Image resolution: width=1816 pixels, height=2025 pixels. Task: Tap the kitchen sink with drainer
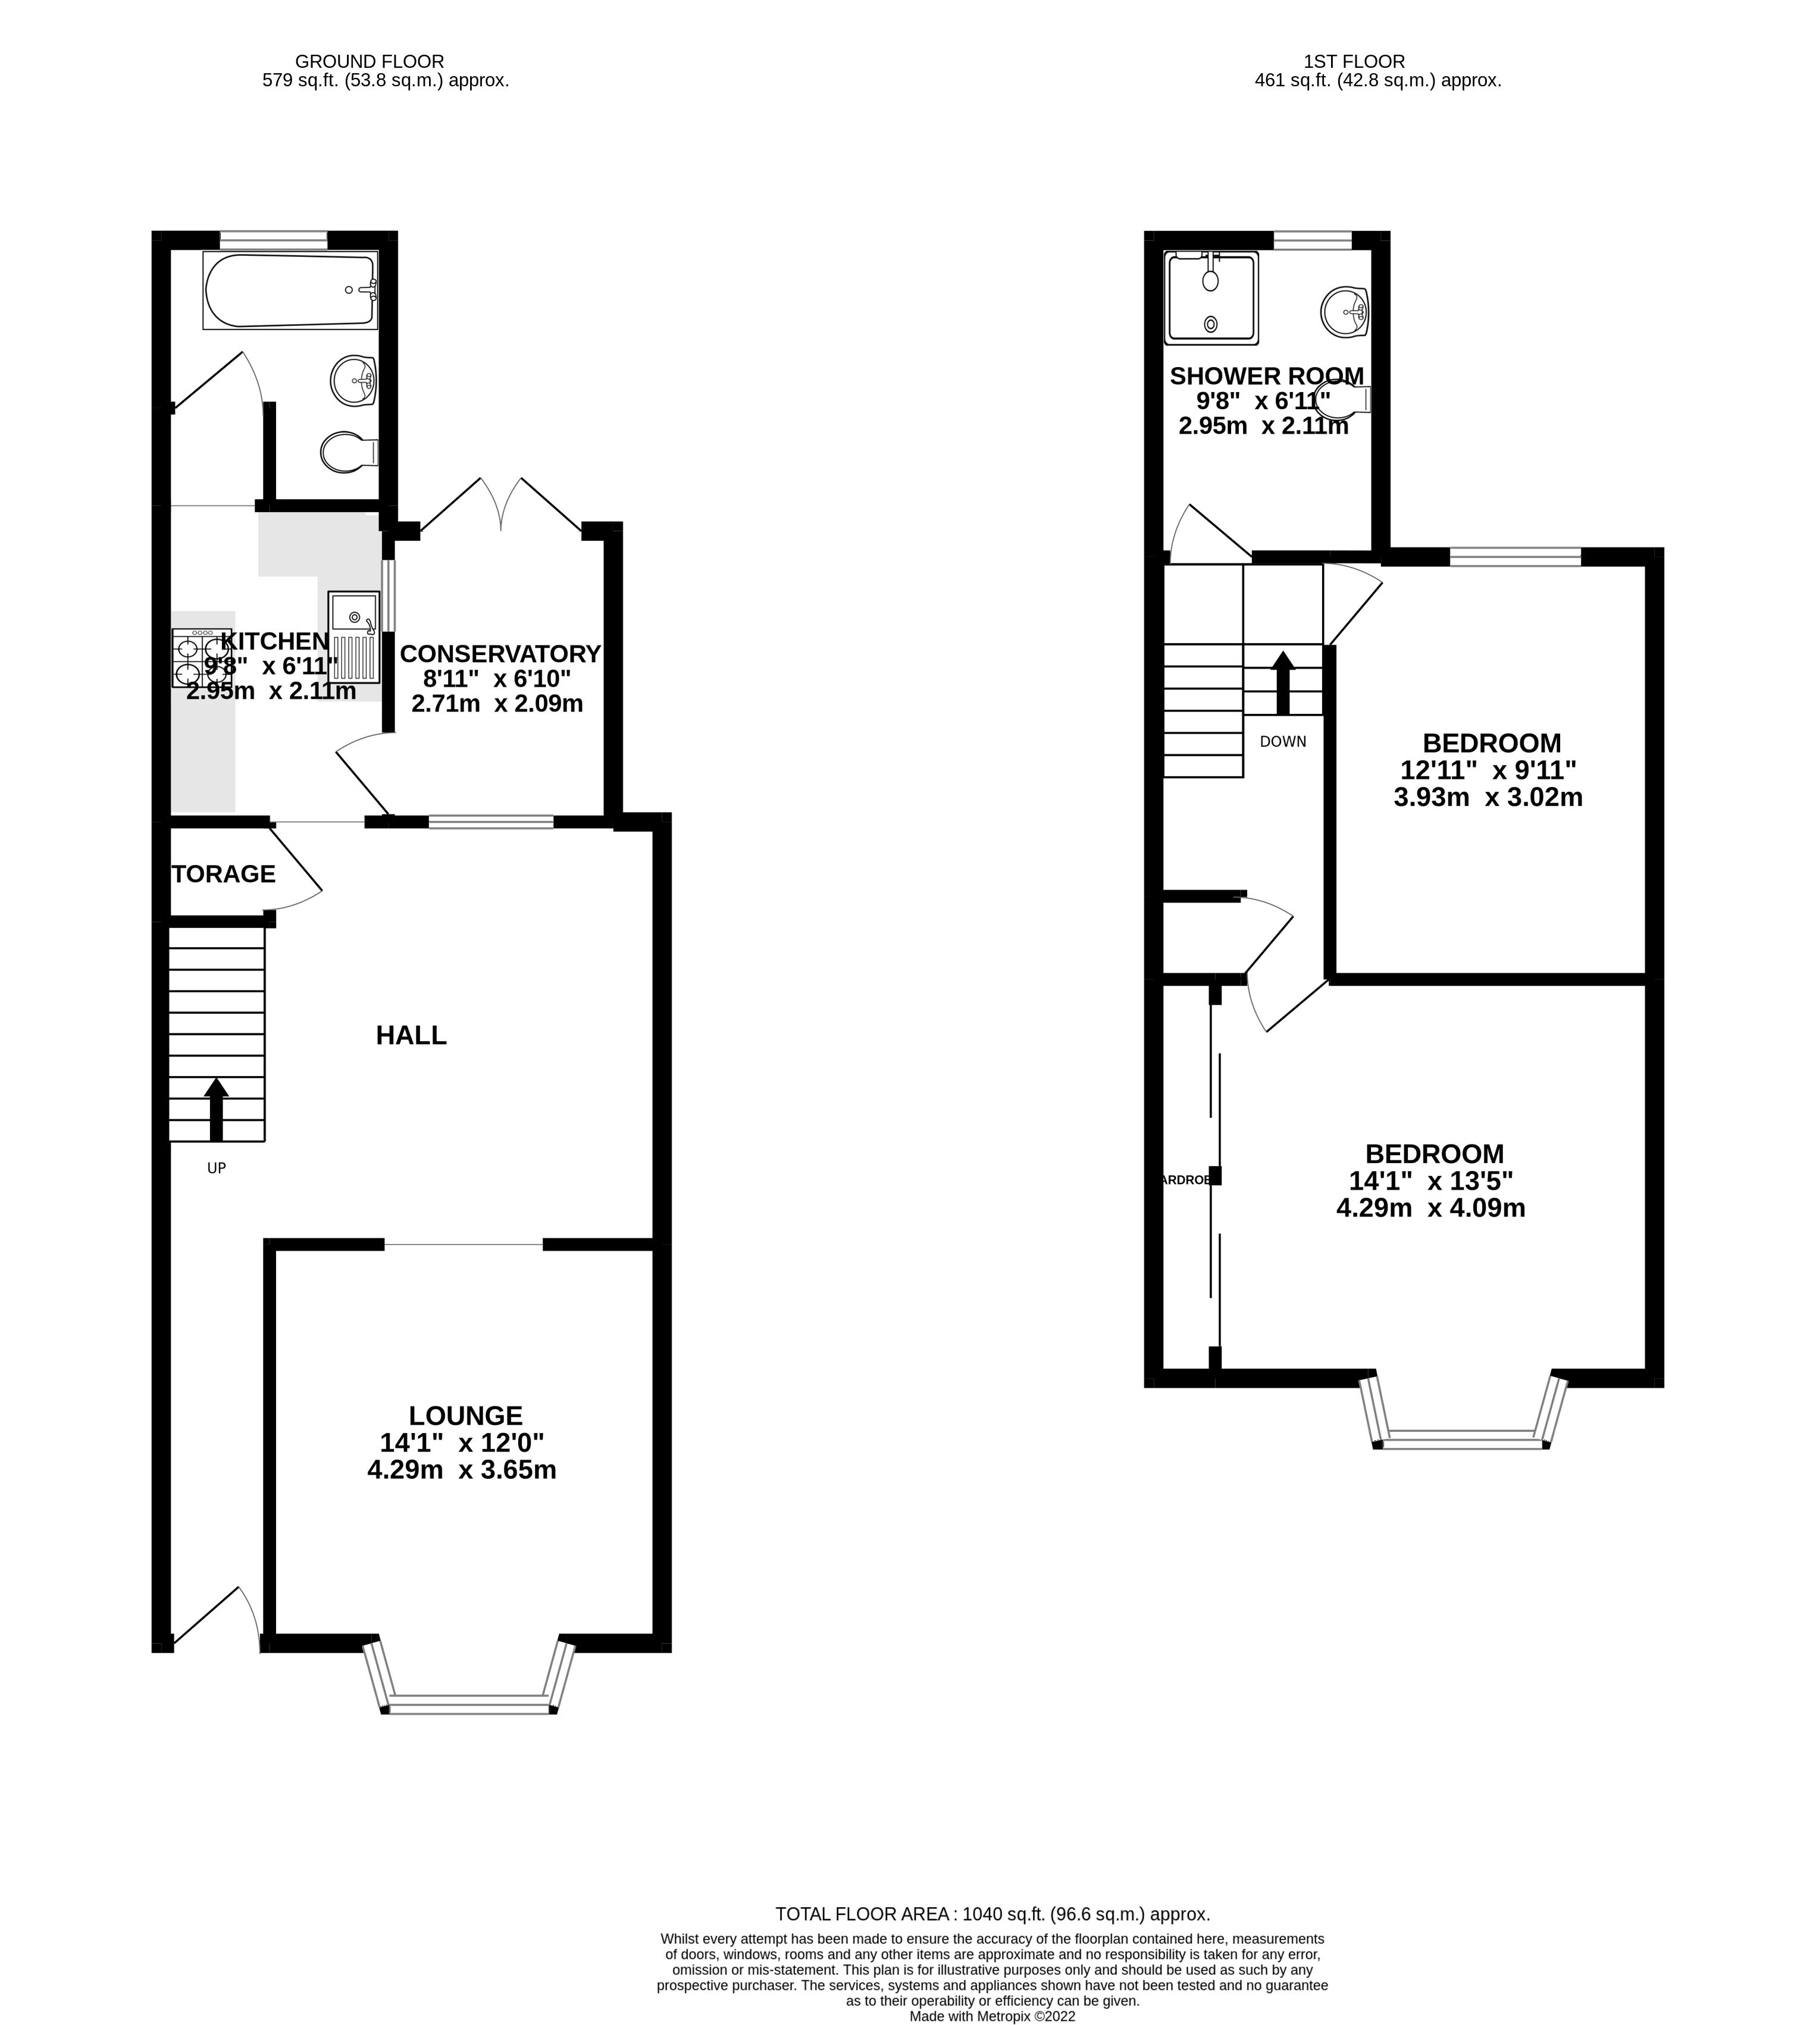tap(354, 638)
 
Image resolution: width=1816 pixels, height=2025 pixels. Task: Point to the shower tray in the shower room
tap(1210, 297)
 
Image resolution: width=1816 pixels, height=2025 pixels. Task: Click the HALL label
tap(411, 1036)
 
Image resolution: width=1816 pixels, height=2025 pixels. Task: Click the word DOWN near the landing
tap(1282, 741)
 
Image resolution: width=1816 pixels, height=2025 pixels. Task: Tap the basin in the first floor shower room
tap(1344, 311)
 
